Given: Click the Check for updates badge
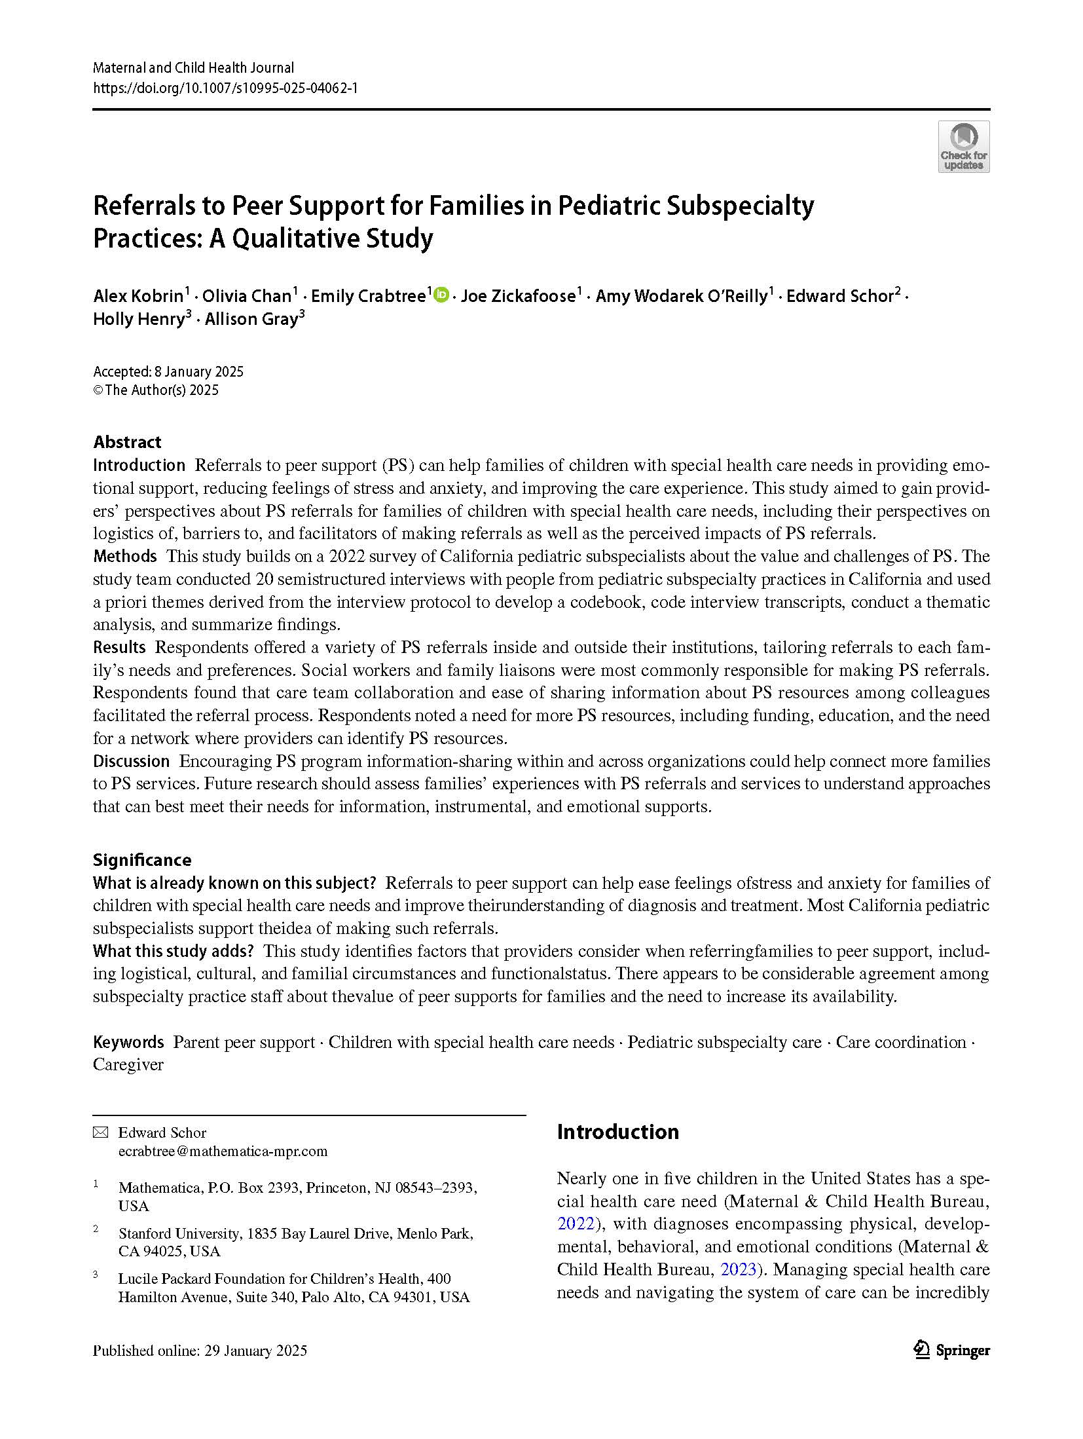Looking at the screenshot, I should click(x=963, y=147).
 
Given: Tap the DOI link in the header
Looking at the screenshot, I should click(x=225, y=88).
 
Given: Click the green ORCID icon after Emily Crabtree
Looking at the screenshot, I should click(x=441, y=295).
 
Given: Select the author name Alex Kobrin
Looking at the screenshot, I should click(x=138, y=297).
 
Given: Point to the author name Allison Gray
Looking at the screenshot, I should click(x=252, y=320).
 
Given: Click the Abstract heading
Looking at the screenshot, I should click(x=127, y=441).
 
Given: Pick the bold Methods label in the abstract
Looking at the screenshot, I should click(x=124, y=556).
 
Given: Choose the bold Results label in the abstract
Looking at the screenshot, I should click(x=119, y=647).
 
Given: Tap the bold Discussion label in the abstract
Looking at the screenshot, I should click(x=131, y=761).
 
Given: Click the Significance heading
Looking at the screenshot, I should click(x=142, y=860).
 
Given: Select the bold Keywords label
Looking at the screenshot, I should click(x=128, y=1042).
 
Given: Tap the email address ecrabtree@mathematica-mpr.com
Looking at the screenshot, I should click(x=223, y=1151).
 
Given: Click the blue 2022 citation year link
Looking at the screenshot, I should click(x=576, y=1224).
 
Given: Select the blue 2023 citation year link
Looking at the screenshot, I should click(x=739, y=1269).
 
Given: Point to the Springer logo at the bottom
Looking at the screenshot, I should click(x=951, y=1350).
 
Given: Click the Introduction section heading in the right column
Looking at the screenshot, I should click(x=617, y=1132).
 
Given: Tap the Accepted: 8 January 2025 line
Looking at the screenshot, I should click(x=168, y=372).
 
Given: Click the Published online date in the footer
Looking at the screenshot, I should click(x=200, y=1351).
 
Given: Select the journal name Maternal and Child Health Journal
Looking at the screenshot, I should click(x=194, y=67).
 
